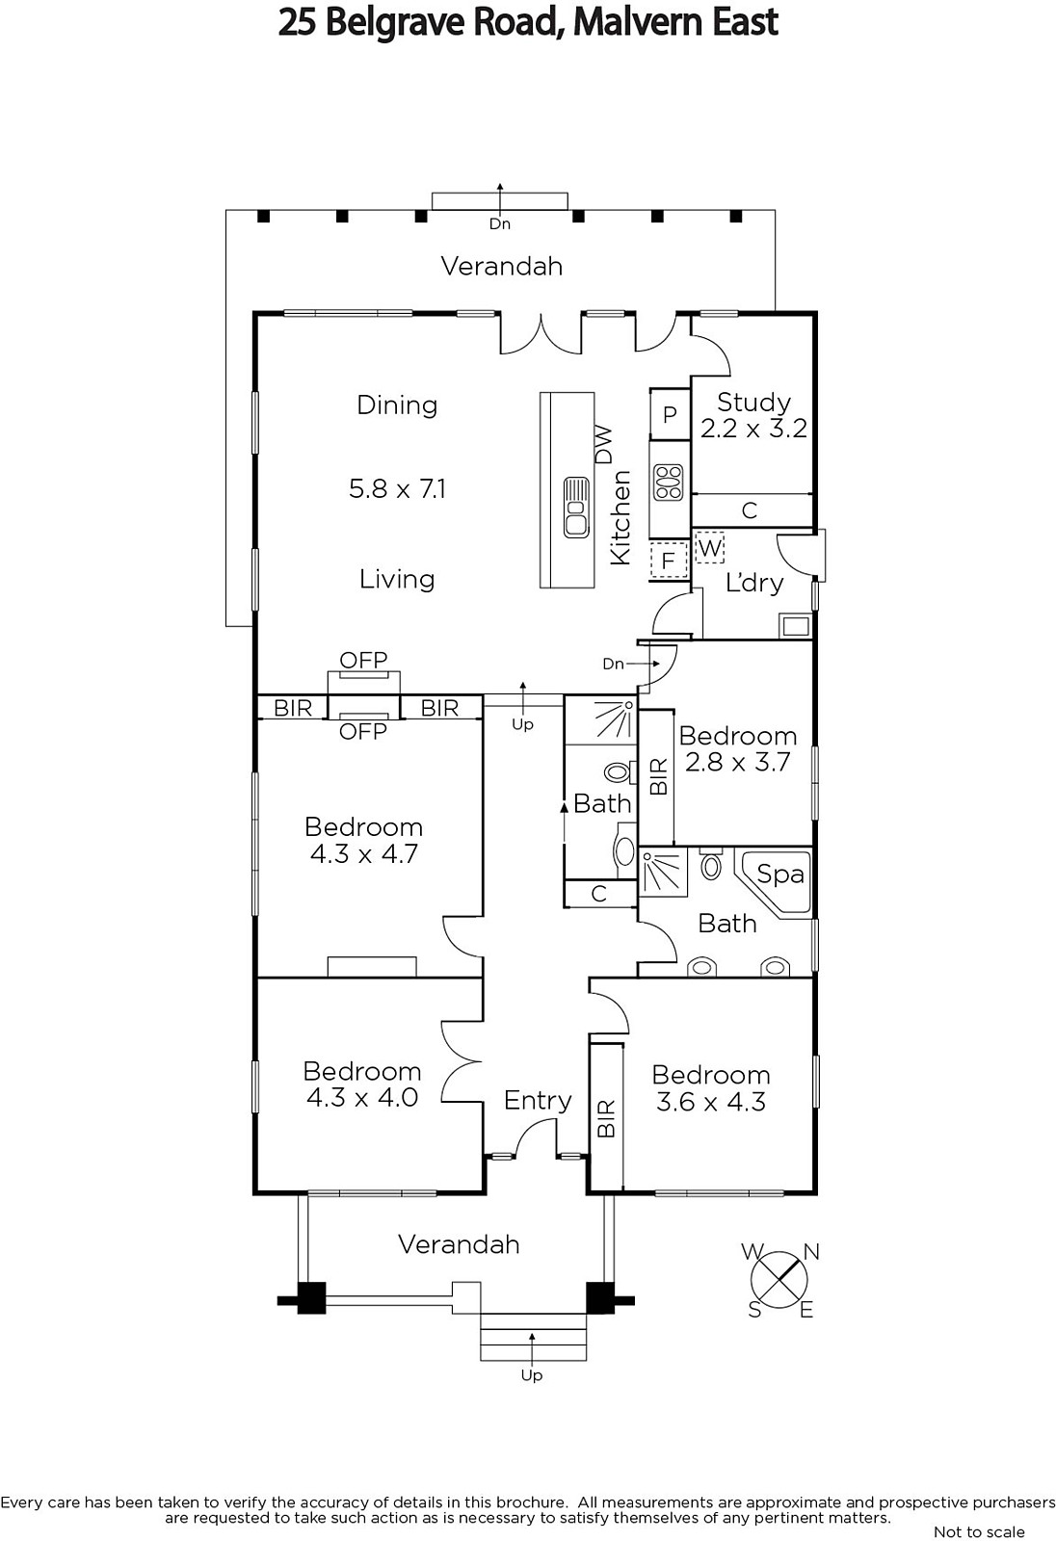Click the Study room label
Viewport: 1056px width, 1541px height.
[x=753, y=402]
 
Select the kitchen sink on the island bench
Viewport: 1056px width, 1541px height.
[x=575, y=508]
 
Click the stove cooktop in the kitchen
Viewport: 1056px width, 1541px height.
[x=669, y=483]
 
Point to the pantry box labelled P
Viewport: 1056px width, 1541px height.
[x=670, y=414]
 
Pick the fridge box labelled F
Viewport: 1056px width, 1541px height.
[x=669, y=561]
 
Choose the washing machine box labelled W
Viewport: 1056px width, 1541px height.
[x=709, y=548]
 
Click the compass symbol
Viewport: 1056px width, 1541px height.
[x=779, y=1280]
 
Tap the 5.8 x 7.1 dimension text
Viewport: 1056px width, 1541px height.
[x=397, y=489]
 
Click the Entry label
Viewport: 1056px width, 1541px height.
[x=538, y=1100]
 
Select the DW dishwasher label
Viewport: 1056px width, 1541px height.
[x=603, y=444]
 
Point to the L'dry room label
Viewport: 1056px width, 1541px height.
[x=754, y=583]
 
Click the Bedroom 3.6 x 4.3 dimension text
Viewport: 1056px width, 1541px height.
[x=711, y=1102]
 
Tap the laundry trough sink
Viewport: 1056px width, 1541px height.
[x=796, y=626]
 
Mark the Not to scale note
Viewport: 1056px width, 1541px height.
[x=979, y=1531]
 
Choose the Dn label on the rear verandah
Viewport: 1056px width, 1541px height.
[x=500, y=223]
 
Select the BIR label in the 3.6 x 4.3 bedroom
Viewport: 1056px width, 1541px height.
[x=606, y=1118]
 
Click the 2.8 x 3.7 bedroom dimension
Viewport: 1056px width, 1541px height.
[x=737, y=762]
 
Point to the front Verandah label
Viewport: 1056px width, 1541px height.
[x=460, y=1244]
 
